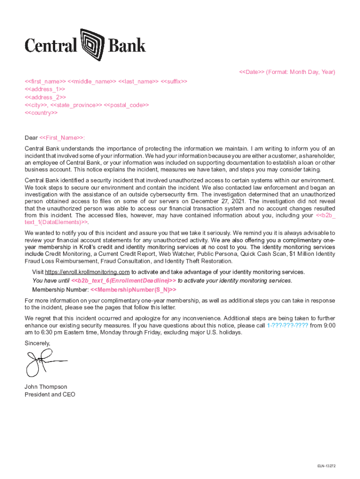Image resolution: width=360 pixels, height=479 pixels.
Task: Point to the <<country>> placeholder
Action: [x=41, y=113]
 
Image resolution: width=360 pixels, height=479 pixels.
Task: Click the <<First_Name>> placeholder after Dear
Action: [x=62, y=138]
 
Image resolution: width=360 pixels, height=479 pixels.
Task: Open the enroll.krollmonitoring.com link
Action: [x=87, y=272]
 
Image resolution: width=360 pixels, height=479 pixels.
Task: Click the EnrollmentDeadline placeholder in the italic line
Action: [x=123, y=281]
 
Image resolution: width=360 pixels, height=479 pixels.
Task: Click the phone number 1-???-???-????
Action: [x=287, y=325]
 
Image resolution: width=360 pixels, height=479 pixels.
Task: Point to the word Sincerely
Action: [x=37, y=343]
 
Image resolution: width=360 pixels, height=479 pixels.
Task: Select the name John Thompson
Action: [x=46, y=387]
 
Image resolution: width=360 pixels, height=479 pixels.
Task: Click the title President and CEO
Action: [x=50, y=395]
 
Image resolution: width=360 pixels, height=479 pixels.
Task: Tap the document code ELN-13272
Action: [x=326, y=466]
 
